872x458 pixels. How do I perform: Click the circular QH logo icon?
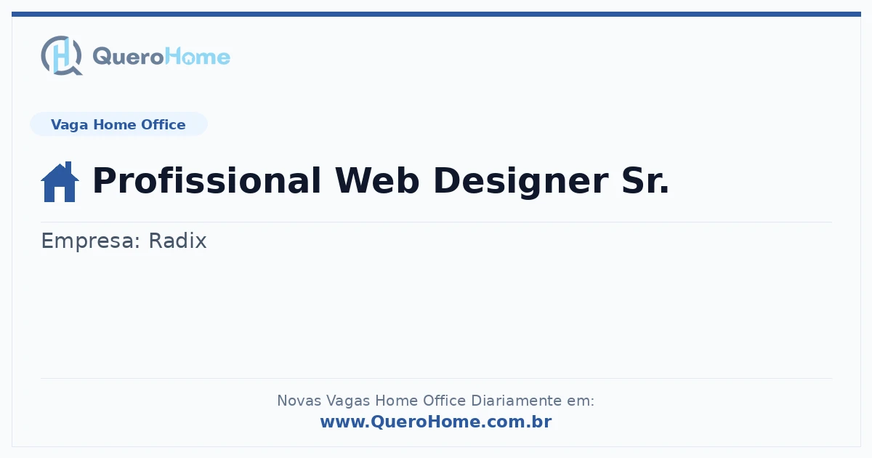click(62, 55)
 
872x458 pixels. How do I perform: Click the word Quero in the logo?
click(129, 57)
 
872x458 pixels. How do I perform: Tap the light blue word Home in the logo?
click(198, 56)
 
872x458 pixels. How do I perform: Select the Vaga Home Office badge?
click(118, 124)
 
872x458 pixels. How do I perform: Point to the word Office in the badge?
click(163, 124)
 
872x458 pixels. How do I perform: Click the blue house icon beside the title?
click(60, 182)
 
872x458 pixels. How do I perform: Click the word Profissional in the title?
click(206, 181)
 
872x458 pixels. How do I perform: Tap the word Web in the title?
click(377, 181)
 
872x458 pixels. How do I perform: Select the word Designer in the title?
click(521, 182)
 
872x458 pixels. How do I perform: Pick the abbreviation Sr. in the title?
click(645, 181)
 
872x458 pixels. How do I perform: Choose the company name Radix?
click(177, 241)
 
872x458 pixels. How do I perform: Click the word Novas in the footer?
click(299, 401)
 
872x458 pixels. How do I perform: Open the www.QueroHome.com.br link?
click(436, 422)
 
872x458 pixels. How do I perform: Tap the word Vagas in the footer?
click(348, 401)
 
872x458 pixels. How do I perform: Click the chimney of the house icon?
click(68, 167)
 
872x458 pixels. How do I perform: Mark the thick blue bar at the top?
click(436, 14)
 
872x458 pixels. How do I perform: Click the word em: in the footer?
click(581, 401)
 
